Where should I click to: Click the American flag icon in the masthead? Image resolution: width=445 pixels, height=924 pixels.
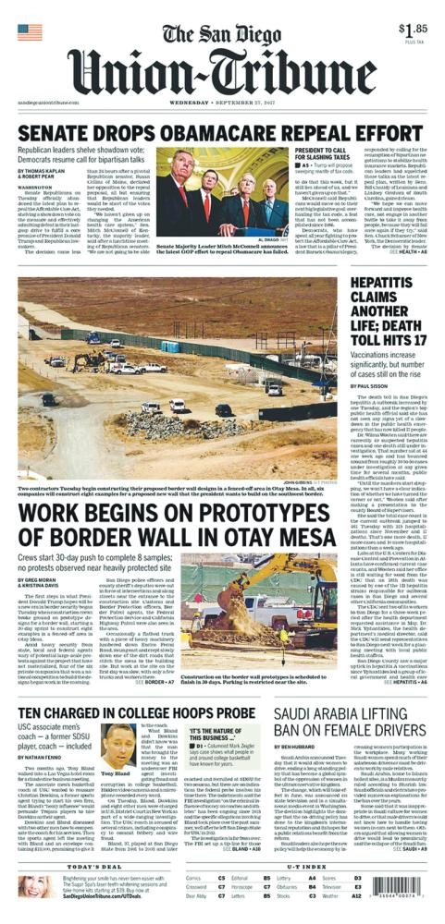[30, 32]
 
